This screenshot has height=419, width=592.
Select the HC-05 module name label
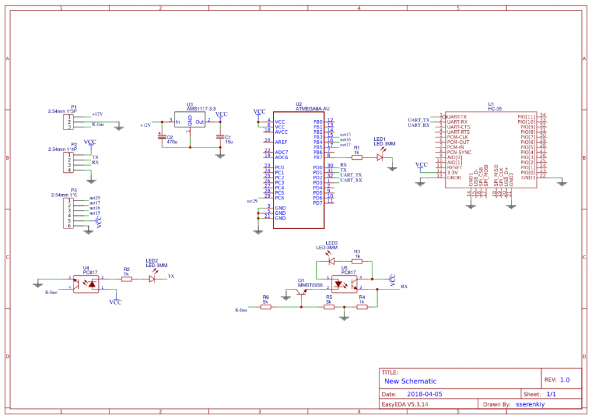495,109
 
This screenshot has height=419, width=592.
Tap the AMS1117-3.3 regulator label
201,109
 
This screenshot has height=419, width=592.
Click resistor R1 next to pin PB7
356,157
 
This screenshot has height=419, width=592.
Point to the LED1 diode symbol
381,157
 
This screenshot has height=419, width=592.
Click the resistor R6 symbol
266,307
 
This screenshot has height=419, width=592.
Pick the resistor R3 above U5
357,260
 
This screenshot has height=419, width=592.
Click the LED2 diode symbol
152,278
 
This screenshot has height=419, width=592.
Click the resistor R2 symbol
126,278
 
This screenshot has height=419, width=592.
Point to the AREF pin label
281,142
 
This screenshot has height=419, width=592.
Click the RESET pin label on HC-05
455,167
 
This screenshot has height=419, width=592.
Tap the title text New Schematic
410,381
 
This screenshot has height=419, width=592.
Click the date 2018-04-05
424,394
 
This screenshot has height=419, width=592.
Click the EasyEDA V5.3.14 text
405,405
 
